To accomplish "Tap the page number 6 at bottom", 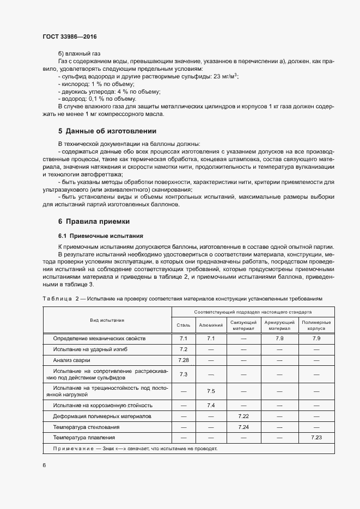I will point(44,465).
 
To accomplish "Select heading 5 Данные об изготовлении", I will point(107,131).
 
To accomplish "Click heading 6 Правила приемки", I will point(93,222).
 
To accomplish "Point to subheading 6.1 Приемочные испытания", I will point(100,236).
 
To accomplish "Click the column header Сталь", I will point(183,326).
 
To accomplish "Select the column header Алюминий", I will point(211,326).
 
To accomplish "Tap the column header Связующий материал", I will point(243,326).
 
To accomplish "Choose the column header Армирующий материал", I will point(279,326).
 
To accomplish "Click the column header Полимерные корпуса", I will point(315,326).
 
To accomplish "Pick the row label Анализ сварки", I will point(72,360).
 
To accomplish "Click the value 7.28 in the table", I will point(183,360).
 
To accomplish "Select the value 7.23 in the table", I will point(315,437).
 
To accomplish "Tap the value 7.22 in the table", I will point(243,416).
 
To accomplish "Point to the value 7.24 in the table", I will point(243,427).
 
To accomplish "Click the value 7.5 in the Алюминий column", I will point(211,391).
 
